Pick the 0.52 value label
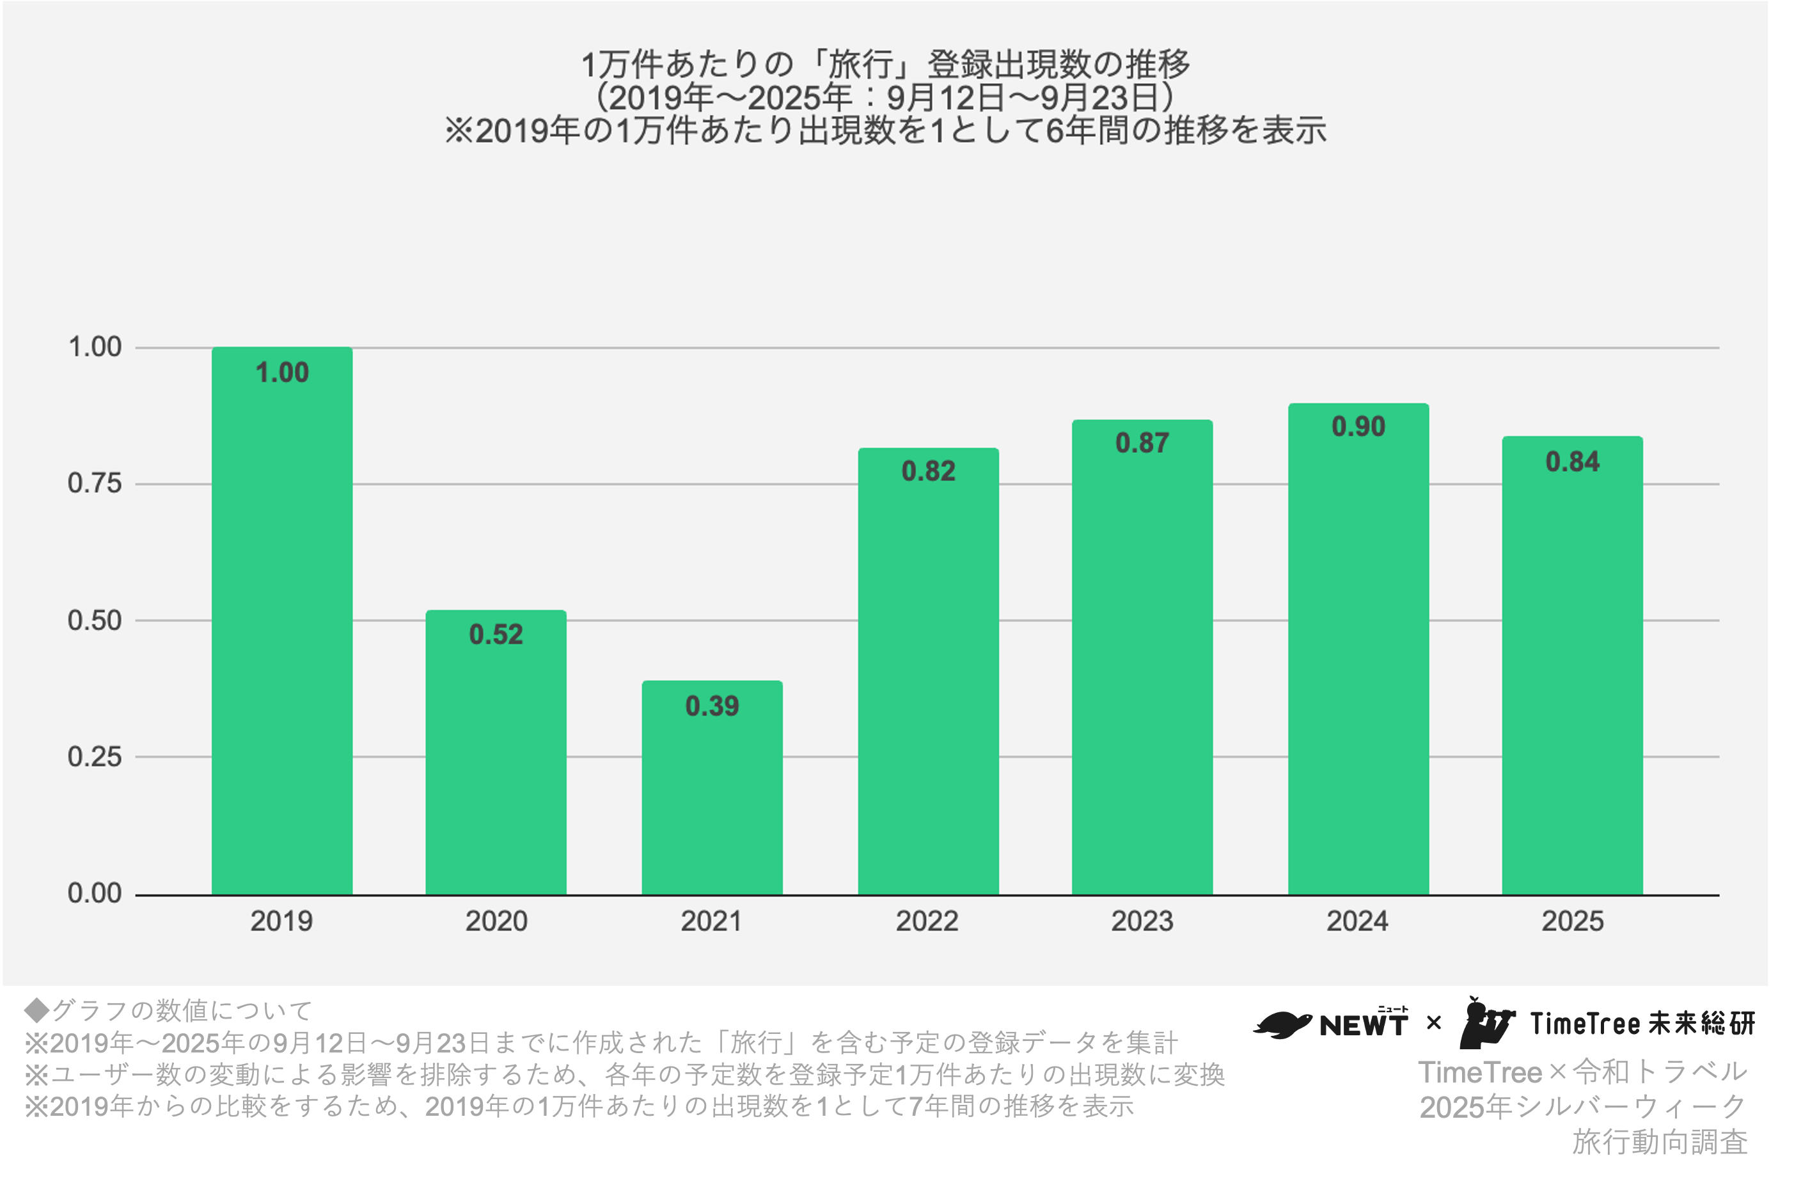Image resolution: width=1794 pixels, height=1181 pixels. click(496, 634)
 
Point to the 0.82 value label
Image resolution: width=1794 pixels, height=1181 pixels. click(928, 472)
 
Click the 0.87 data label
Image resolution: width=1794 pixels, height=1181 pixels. click(1142, 443)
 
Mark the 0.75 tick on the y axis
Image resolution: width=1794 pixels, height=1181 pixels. click(94, 484)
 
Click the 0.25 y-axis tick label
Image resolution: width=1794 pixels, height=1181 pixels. click(94, 756)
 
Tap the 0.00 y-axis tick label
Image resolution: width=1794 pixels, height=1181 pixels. click(94, 893)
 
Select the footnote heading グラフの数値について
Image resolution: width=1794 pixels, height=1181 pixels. click(181, 1010)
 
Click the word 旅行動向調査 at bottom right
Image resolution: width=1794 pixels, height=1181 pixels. click(1660, 1142)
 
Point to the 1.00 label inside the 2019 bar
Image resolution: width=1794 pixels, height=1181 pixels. click(282, 372)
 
